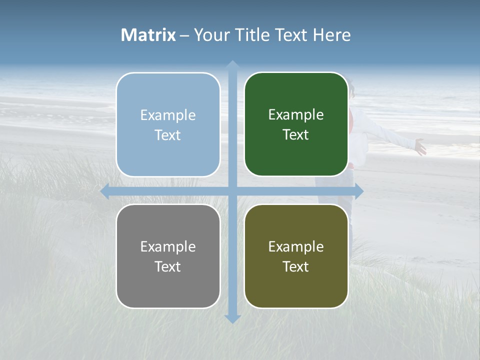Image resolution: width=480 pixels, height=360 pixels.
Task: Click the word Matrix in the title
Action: click(148, 35)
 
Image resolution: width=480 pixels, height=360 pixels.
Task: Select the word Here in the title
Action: click(332, 35)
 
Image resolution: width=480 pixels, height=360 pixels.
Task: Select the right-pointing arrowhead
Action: click(358, 191)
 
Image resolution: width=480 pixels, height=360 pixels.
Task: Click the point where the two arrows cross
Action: click(232, 191)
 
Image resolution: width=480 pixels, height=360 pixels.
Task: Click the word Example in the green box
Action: click(296, 115)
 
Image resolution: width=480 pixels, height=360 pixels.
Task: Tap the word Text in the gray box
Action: click(168, 266)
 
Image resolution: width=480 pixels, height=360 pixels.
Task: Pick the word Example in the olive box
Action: click(296, 246)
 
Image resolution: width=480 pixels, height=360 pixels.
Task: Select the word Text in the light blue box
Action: click(168, 135)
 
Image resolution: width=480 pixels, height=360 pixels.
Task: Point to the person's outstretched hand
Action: click(420, 147)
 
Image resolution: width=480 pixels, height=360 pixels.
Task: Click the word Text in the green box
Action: click(296, 134)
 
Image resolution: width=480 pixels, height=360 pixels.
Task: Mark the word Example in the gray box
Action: click(168, 246)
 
